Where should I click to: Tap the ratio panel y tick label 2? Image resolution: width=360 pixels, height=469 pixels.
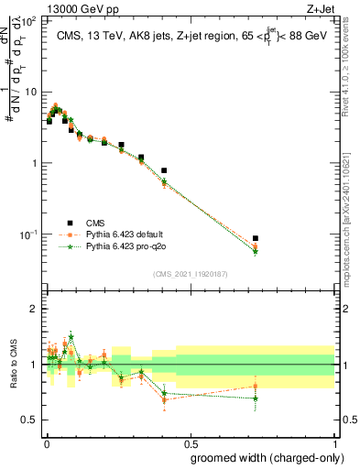(34, 309)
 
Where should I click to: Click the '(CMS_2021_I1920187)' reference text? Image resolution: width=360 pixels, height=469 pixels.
(190, 273)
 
